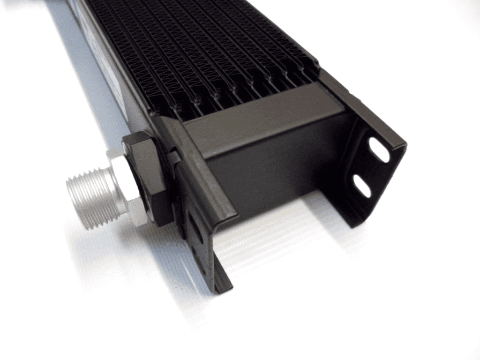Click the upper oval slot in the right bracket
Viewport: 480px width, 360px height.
pyautogui.click(x=379, y=150)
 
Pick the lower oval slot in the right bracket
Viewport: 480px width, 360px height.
pyautogui.click(x=362, y=186)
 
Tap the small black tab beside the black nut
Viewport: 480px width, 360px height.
pyautogui.click(x=173, y=157)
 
